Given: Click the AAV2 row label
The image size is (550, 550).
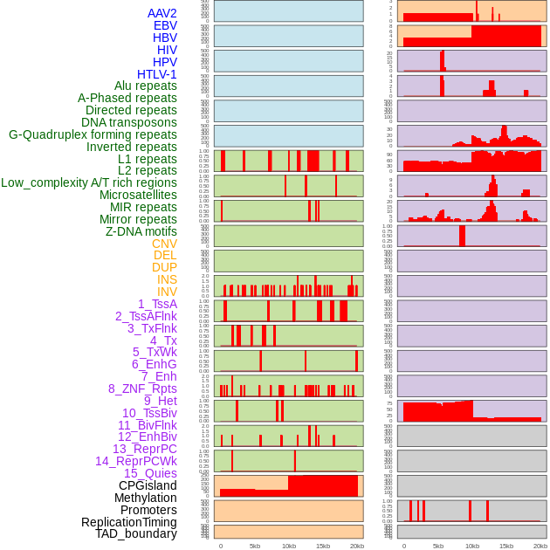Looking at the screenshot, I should pos(162,13).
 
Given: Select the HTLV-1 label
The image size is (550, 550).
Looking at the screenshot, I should pos(157,74).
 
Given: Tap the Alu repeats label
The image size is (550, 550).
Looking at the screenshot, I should pos(146,86).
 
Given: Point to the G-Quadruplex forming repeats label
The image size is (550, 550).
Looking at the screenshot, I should pos(93,134).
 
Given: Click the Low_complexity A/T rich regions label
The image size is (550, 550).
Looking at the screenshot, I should pos(89,182).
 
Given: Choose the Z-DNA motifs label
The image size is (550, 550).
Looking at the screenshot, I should pos(141,231).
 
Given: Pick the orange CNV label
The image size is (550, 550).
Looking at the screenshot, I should pos(164,244).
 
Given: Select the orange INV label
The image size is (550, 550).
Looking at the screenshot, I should pos(167,292).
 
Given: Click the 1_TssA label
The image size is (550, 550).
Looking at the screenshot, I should pos(157,304).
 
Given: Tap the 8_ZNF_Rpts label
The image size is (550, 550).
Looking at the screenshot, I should pos(142,388).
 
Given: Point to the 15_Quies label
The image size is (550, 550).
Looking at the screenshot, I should pos(150,473).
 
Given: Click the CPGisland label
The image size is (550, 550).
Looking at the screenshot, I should pos(148,485).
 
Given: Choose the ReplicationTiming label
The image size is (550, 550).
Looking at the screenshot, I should pos(129,522).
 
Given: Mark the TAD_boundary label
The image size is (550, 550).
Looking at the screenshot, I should pos(136,533).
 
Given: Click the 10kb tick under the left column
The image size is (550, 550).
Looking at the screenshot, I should pos(289,546).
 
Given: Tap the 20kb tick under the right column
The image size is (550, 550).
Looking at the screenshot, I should pos(540,546).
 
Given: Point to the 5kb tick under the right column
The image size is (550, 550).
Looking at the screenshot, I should pos(438,546).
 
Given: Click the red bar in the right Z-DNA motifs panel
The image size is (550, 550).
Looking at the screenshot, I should pos(462,236).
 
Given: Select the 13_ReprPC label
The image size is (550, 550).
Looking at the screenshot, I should pos(144,449).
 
